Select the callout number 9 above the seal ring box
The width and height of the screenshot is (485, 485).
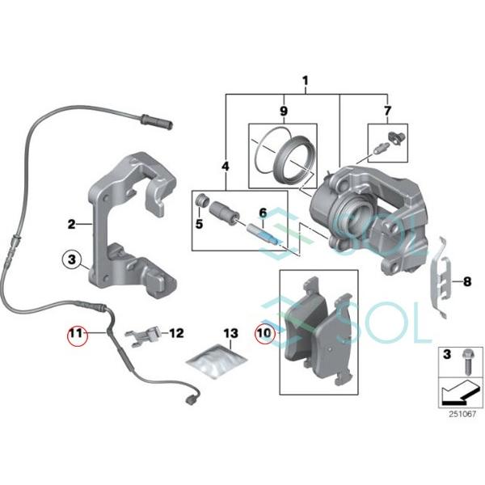click(x=283, y=110)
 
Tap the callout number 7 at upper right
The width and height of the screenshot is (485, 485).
click(x=386, y=110)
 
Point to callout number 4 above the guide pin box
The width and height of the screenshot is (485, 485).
click(x=225, y=167)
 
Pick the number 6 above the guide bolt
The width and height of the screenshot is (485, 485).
click(x=262, y=213)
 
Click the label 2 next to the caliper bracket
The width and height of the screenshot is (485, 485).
click(x=72, y=223)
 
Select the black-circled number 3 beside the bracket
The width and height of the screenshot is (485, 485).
click(x=72, y=260)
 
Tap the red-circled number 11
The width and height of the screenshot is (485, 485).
click(x=77, y=333)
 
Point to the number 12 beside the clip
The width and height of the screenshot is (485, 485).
click(x=177, y=332)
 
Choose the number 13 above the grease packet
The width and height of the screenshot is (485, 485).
click(x=231, y=333)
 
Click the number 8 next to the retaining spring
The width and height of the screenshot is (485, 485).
click(x=466, y=282)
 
